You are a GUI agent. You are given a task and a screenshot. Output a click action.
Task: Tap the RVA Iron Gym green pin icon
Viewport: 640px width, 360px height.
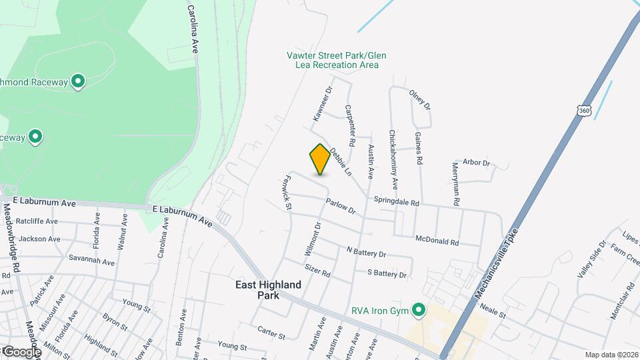click(x=419, y=310)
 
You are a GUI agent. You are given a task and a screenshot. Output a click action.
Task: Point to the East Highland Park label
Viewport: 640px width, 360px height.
click(x=269, y=289)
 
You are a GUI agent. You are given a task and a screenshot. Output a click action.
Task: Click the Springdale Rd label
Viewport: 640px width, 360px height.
click(x=396, y=201)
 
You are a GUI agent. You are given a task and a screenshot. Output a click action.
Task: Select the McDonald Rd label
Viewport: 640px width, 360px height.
click(x=437, y=240)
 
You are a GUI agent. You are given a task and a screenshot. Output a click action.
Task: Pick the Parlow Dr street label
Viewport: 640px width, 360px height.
click(x=341, y=206)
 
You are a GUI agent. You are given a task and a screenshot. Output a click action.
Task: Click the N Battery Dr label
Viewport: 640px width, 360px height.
click(x=366, y=252)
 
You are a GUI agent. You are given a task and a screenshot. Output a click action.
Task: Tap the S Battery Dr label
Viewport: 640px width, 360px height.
click(x=387, y=273)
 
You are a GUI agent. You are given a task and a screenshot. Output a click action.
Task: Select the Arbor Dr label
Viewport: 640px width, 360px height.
click(x=476, y=163)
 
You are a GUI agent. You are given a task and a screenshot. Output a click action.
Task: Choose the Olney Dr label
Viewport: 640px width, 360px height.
click(x=420, y=99)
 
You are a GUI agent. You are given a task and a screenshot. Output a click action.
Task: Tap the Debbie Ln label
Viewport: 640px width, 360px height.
click(x=340, y=162)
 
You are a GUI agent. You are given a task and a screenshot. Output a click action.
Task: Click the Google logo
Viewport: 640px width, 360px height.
click(x=21, y=351)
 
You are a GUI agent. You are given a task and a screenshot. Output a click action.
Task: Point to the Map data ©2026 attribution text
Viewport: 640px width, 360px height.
click(x=611, y=355)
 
